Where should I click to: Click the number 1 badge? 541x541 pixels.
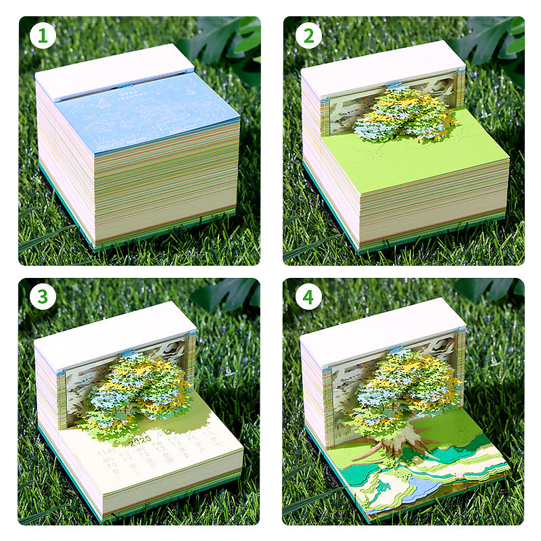(43, 36)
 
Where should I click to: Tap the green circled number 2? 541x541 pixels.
(308, 36)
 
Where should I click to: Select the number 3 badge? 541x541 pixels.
(43, 297)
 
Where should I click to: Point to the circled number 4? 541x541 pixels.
(308, 297)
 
